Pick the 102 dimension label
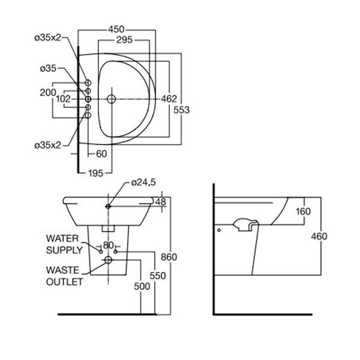pos(63,98)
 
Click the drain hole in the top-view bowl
pos(111,98)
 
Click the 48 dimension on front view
pos(160,202)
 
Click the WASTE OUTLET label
pos(64,275)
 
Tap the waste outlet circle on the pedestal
pos(108,260)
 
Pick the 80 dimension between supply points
pos(108,245)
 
